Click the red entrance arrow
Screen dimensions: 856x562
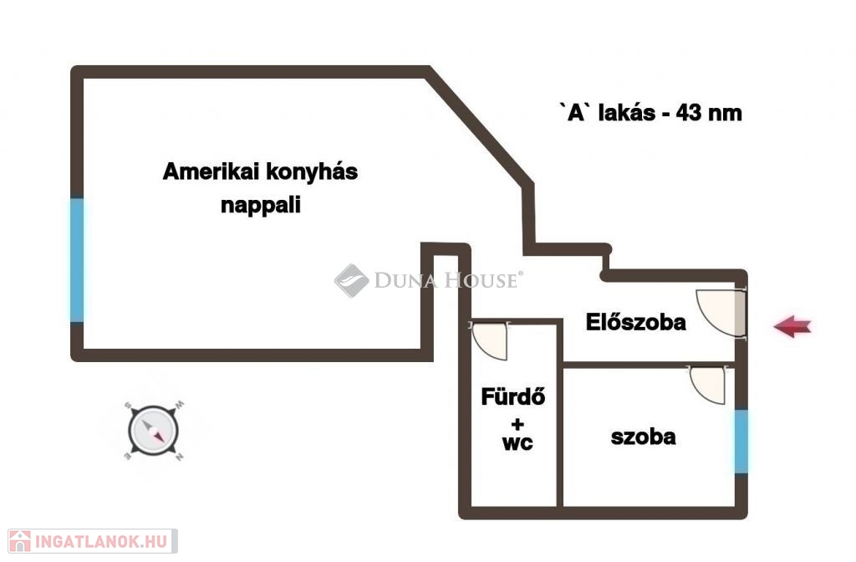tap(792, 327)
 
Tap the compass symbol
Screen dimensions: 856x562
tap(154, 431)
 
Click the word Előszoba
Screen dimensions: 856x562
tap(635, 322)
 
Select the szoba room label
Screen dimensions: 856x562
tap(643, 437)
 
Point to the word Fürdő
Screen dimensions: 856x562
tap(512, 396)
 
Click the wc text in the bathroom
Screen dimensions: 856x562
tap(517, 443)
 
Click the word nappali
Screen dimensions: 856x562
tap(261, 206)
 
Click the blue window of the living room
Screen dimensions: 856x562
tap(77, 259)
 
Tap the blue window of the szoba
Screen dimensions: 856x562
tap(741, 442)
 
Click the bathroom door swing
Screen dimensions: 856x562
tap(489, 341)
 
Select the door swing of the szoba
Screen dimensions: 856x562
tap(707, 385)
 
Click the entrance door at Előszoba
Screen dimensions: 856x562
tap(721, 314)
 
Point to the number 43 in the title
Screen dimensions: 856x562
tap(688, 113)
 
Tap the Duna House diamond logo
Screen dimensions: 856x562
tap(352, 281)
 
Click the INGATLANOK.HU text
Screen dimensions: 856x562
tap(101, 541)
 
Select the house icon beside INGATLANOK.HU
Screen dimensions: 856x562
tap(20, 541)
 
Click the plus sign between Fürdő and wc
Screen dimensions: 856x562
tap(517, 424)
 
